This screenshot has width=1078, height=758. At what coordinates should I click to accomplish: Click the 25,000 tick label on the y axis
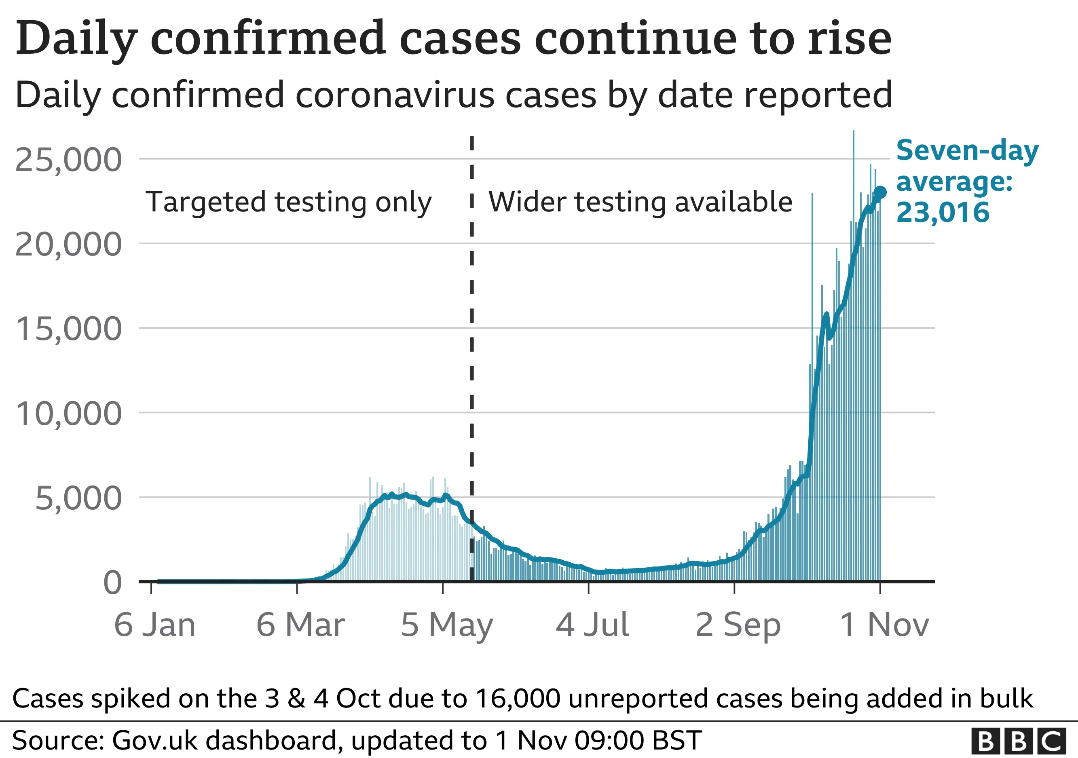(69, 160)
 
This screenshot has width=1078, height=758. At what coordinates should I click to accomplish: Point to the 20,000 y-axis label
(69, 245)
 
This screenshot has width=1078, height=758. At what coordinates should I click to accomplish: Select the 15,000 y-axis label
(69, 329)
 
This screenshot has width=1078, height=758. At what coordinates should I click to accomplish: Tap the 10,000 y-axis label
(69, 414)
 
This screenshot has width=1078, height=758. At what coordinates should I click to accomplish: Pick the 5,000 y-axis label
(78, 498)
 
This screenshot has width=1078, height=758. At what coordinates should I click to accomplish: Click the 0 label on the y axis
(113, 583)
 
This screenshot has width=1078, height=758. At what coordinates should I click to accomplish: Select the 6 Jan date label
(154, 625)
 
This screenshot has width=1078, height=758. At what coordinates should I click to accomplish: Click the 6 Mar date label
(300, 625)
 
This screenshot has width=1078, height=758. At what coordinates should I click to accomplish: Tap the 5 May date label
(446, 625)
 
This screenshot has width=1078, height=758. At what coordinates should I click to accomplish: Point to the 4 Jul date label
(592, 625)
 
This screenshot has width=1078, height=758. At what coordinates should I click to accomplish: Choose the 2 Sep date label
(738, 625)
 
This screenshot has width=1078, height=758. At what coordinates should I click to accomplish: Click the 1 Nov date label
(884, 625)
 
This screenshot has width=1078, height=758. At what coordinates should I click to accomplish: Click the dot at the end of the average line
(880, 192)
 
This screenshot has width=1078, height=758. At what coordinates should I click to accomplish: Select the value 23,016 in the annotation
(943, 212)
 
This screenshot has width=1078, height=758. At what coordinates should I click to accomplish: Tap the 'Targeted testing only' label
(288, 202)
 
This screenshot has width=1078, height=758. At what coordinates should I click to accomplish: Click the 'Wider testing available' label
(640, 202)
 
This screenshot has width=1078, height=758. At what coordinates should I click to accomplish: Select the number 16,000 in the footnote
(518, 699)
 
